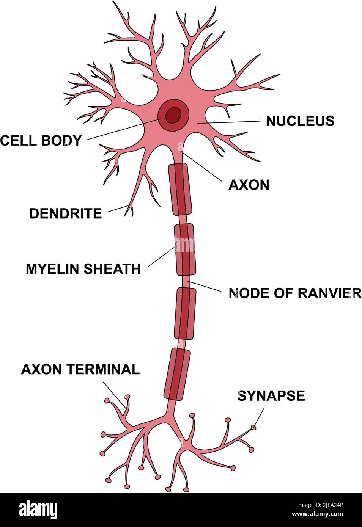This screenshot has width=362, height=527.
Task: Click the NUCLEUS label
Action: tap(300, 121)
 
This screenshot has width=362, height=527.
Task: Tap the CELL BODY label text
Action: tap(41, 141)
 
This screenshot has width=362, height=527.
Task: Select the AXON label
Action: tap(249, 185)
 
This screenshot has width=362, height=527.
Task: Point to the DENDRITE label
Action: tap(66, 214)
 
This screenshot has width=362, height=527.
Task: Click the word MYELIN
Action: tap(52, 269)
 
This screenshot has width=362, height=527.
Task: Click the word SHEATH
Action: tap(112, 269)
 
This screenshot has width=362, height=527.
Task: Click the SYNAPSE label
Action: tap(271, 396)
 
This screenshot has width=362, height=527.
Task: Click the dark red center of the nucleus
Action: tap(174, 114)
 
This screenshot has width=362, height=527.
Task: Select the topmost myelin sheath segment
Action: tap(180, 189)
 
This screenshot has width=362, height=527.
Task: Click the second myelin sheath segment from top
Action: tap(185, 249)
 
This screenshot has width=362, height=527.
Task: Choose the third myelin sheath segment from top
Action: tap(185, 313)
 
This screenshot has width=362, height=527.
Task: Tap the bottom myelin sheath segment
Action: tap(176, 374)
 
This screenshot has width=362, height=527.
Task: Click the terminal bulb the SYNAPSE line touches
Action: tap(253, 428)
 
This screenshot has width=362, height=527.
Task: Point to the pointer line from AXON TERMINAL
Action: tap(115, 395)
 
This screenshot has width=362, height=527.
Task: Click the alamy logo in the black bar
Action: tap(38, 510)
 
